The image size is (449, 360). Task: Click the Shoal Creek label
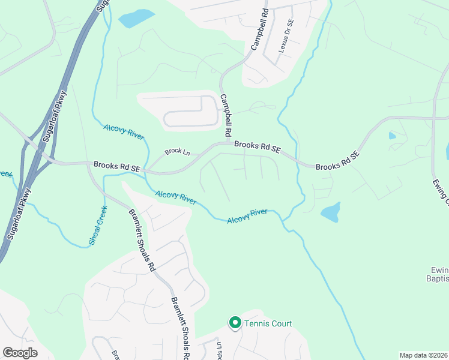[x=98, y=226]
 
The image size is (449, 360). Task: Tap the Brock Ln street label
[x=177, y=152]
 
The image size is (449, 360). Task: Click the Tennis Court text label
[x=268, y=323]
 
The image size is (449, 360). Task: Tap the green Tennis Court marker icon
[x=235, y=323]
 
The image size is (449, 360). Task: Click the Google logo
[x=20, y=353]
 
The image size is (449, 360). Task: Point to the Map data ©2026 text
[x=423, y=355]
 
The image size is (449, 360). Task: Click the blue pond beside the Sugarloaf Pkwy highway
[x=136, y=19]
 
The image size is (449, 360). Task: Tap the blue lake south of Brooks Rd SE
[x=330, y=212]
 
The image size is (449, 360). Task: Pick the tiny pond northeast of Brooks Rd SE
[x=392, y=136]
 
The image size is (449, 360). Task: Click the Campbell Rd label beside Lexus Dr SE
[x=258, y=31]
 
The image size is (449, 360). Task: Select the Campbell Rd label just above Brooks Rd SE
[x=226, y=115]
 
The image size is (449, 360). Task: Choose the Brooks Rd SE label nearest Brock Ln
[x=116, y=166]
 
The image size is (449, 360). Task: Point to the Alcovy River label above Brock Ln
[x=124, y=131]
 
